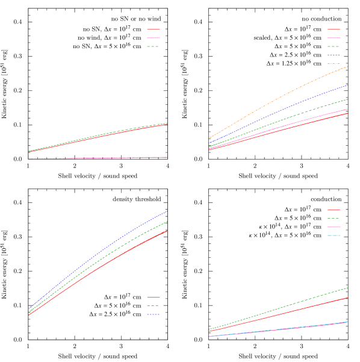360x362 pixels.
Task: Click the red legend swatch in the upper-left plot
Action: tap(154, 29)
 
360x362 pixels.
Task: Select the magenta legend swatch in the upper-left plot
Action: tap(154, 37)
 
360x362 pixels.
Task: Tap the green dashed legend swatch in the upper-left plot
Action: tap(154, 46)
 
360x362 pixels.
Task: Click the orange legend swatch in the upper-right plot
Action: tap(334, 63)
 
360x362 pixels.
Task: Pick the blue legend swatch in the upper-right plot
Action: tap(334, 55)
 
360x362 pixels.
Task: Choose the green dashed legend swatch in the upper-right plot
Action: tap(334, 46)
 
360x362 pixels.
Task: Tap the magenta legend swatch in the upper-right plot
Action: tap(334, 38)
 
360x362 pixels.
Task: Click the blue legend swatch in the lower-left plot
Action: tap(154, 314)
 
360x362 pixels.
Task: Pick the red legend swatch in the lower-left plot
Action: tap(154, 297)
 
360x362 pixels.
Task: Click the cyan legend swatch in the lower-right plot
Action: tap(334, 235)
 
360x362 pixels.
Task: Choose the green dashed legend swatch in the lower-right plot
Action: tap(334, 218)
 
